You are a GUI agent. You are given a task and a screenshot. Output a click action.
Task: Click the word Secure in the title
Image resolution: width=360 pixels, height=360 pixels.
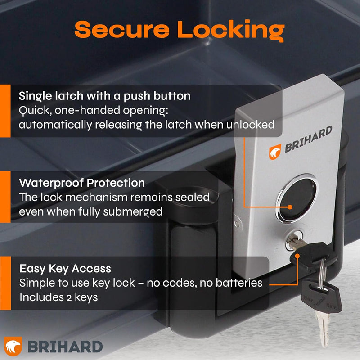[x=122, y=30]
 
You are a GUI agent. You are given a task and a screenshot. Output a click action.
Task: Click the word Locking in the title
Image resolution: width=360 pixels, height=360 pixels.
[x=231, y=31]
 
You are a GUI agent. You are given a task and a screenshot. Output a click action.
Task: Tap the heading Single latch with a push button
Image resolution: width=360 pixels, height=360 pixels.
[x=104, y=96]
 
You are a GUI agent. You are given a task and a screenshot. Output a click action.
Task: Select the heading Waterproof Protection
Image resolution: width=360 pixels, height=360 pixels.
[x=82, y=183]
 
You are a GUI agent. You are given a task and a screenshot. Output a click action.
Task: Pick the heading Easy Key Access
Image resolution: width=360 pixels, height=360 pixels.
[x=65, y=269]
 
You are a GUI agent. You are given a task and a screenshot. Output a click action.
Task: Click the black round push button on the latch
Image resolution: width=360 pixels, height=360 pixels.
[x=297, y=198]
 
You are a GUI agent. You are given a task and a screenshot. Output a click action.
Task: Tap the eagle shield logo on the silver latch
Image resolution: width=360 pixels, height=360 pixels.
[x=275, y=152]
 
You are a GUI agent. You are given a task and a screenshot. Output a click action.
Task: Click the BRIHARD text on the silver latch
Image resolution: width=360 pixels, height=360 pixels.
[x=308, y=139]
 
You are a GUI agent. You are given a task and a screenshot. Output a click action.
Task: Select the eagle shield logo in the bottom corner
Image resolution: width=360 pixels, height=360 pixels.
[x=13, y=346]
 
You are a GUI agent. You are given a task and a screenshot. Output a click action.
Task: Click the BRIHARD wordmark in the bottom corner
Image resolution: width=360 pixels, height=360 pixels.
[x=65, y=346]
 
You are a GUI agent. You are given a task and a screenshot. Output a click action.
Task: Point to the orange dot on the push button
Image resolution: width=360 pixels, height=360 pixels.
[x=290, y=207]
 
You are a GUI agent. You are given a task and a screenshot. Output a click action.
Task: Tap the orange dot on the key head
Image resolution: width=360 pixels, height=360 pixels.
[x=297, y=256]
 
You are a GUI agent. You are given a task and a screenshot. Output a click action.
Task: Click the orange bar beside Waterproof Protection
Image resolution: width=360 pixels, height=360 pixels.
[x=5, y=197]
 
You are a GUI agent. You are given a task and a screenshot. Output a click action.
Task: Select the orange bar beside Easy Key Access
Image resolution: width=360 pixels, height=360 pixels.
[x=5, y=283]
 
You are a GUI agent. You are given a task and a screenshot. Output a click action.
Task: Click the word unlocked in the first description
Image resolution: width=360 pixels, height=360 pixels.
[x=250, y=125]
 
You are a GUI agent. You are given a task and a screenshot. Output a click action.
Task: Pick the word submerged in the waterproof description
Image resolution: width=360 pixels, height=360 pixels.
[x=133, y=212]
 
